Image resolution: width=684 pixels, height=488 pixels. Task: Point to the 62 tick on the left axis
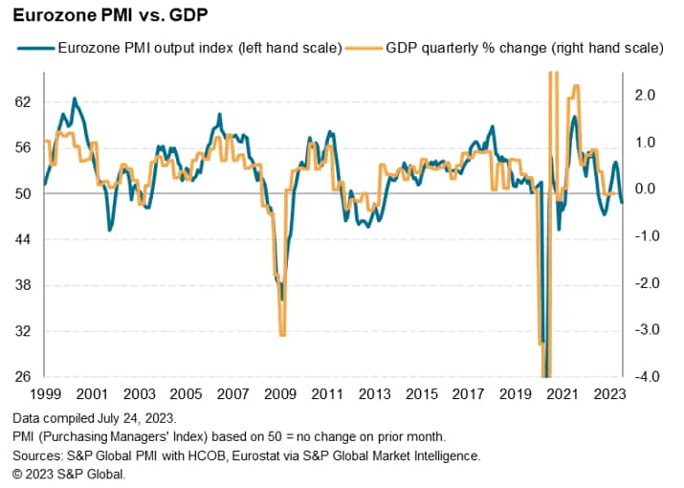click(x=23, y=101)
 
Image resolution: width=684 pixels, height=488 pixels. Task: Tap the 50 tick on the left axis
click(x=23, y=193)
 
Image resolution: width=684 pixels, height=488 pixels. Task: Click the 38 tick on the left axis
click(x=23, y=285)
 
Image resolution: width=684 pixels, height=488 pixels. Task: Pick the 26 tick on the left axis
click(x=23, y=377)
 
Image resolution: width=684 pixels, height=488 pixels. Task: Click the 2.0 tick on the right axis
click(x=644, y=95)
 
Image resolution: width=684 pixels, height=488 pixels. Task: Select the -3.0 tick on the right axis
click(x=642, y=330)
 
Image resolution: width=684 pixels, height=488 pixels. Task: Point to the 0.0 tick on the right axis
click(x=644, y=189)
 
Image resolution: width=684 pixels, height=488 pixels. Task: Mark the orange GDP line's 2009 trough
click(x=282, y=334)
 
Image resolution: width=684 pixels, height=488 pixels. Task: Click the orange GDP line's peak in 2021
click(x=575, y=87)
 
